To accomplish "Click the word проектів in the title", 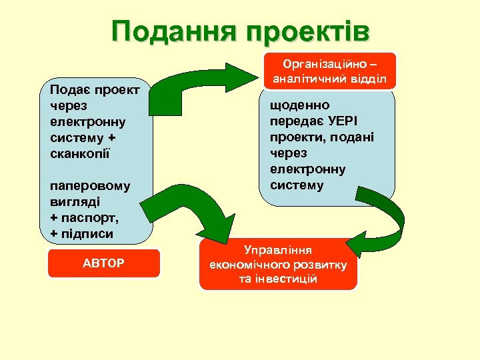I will (307, 31).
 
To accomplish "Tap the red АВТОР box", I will (103, 263).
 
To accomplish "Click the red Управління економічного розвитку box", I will (278, 263).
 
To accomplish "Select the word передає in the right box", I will (295, 121).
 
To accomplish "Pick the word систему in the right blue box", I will (297, 185).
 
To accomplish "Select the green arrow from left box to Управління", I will (200, 213).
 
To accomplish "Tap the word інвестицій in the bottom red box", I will (278, 278).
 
